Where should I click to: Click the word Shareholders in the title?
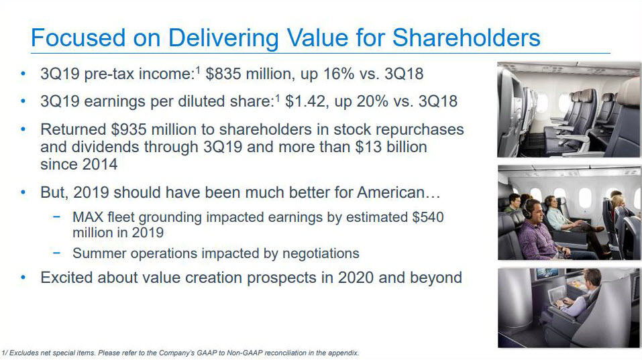click(466, 38)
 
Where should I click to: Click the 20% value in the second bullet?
click(372, 101)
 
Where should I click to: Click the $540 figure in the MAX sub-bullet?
click(428, 217)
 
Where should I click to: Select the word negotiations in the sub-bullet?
click(321, 253)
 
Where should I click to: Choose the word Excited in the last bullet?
click(66, 278)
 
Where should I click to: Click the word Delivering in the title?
click(223, 38)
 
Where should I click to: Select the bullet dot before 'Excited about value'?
click(23, 278)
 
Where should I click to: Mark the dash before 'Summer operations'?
click(56, 253)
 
